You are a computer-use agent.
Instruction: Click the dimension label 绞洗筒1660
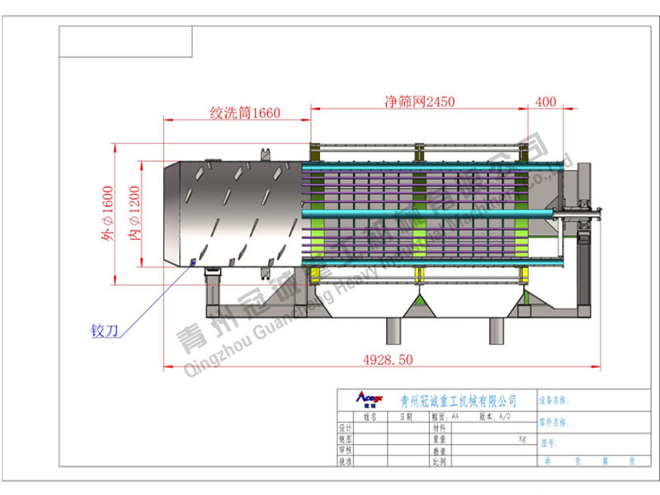245,113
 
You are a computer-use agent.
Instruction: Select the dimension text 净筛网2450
420,101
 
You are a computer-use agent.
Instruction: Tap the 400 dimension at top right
545,101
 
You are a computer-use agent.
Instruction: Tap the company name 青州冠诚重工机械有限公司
458,401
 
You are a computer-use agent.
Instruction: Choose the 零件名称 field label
554,422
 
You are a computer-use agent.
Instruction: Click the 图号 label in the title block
549,442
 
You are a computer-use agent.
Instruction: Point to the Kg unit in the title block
522,439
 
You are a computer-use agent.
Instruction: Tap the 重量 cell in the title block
439,440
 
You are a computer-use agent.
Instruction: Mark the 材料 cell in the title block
439,428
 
